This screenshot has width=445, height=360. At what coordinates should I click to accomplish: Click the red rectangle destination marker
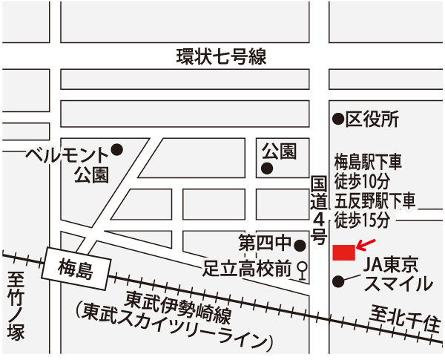(x=343, y=252)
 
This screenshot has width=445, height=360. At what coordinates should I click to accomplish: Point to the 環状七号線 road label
(x=221, y=56)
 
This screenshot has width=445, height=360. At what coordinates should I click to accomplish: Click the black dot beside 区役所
(x=337, y=118)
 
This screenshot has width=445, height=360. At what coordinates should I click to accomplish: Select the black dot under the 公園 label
(x=267, y=168)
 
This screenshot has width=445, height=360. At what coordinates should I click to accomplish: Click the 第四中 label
(x=266, y=244)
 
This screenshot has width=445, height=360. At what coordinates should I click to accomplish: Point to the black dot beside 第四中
(x=300, y=245)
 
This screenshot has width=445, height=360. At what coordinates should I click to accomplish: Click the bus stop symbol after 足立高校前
(x=302, y=270)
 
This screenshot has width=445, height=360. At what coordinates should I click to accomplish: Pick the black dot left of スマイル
(x=338, y=281)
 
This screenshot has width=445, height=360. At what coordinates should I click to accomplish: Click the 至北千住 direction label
(x=407, y=320)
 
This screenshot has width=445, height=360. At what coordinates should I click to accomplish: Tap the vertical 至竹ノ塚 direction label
(x=15, y=305)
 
